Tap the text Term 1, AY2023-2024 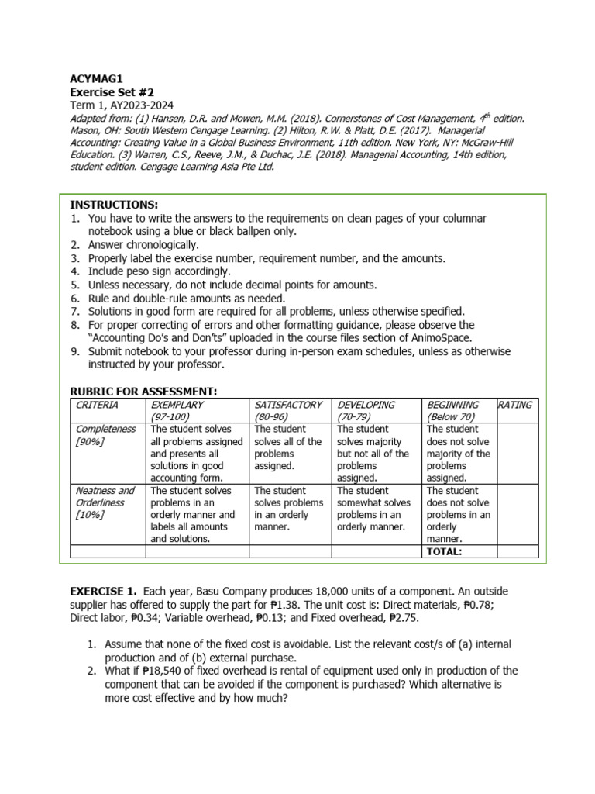coord(122,105)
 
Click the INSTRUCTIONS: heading coord(114,205)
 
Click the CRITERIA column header coord(96,405)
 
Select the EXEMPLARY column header coord(177,405)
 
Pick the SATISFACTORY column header coord(287,405)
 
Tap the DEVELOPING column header coord(366,405)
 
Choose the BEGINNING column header coord(452,405)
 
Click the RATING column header coord(515,405)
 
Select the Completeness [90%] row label coord(105,435)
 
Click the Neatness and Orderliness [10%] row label coord(105,502)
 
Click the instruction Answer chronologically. coord(143,245)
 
